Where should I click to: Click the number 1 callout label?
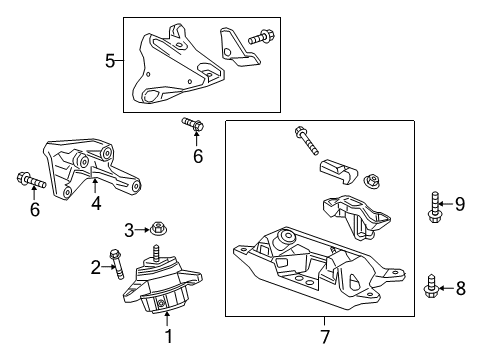click(169, 337)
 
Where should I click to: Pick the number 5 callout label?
click(110, 61)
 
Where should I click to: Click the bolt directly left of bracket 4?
click(30, 181)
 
